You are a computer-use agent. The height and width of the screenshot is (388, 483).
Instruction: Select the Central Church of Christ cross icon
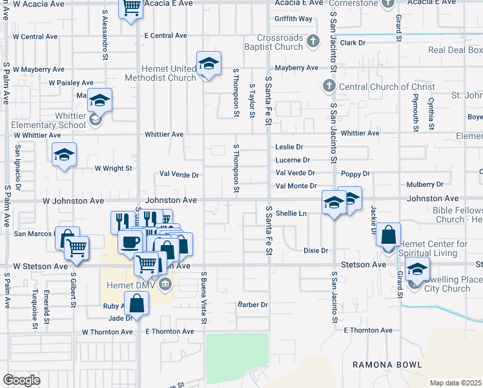point(328,87)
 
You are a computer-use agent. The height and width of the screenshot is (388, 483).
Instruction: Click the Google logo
point(22,380)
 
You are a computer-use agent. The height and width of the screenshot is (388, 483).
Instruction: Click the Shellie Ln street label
point(291,213)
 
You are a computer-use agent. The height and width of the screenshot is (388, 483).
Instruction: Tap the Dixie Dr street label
point(316,250)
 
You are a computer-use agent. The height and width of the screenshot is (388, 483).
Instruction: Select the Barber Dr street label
point(252,305)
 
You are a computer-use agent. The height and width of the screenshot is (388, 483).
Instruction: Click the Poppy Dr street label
point(355,174)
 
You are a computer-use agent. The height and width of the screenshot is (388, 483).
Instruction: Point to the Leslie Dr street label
point(289,147)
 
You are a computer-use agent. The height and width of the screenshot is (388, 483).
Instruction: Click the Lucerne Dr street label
point(293,160)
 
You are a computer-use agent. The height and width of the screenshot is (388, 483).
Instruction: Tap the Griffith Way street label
point(293,19)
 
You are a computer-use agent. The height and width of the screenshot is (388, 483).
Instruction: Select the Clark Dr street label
point(353,43)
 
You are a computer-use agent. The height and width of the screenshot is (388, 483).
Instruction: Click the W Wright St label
point(113,168)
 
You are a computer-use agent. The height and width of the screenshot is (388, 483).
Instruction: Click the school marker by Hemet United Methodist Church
point(209,63)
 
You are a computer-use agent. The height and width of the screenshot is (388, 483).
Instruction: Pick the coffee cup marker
point(130,242)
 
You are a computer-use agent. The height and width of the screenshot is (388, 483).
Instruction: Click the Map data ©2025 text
point(456,383)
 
